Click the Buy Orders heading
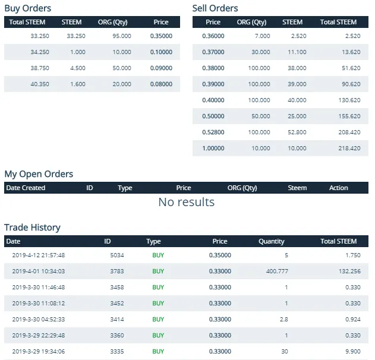point(28,8)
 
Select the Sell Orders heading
point(215,8)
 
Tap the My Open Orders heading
point(39,174)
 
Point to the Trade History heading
point(32,228)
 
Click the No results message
point(186,202)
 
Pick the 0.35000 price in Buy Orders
point(161,36)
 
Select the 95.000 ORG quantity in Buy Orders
point(122,36)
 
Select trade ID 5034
point(117,255)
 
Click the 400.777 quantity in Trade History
point(276,271)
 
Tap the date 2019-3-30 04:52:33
point(38,319)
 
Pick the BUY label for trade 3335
point(158,351)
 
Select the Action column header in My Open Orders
point(338,188)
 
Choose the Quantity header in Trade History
point(271,242)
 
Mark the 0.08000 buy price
point(161,84)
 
